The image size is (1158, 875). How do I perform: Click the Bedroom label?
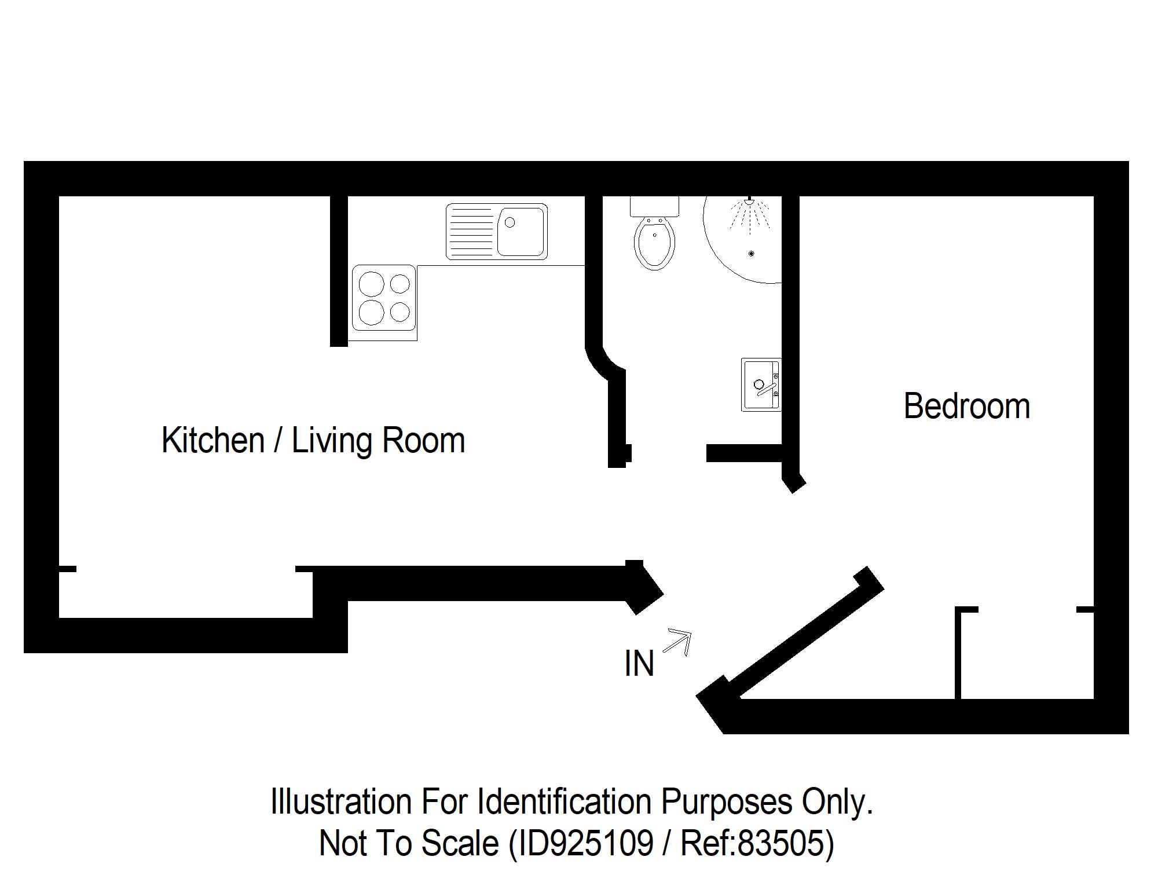tap(966, 406)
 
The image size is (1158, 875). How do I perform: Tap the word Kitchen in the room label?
tap(213, 440)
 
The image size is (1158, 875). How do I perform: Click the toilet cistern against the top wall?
tap(654, 206)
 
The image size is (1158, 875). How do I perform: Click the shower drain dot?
tap(752, 254)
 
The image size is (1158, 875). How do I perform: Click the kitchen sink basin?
tap(521, 232)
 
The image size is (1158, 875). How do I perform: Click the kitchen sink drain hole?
tap(510, 222)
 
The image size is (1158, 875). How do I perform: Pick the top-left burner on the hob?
tap(371, 284)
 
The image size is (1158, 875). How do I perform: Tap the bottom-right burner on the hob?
tap(400, 312)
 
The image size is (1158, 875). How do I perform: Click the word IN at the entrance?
tap(639, 664)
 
